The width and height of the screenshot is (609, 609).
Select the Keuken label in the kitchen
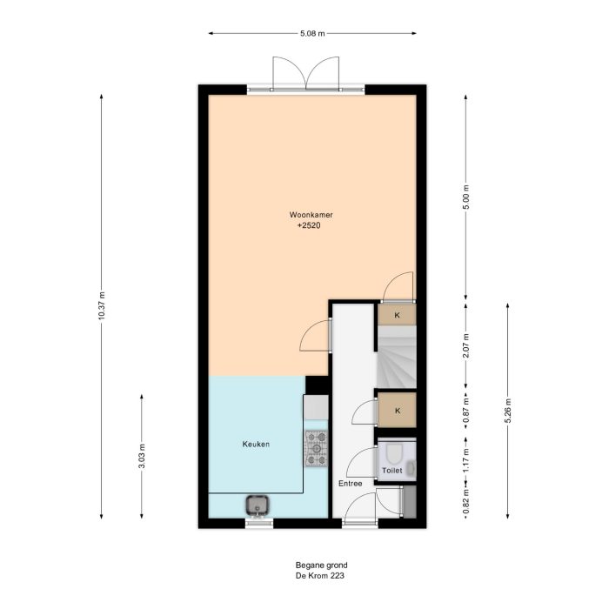256,445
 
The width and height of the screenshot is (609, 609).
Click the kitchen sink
258,504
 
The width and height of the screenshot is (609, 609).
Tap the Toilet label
392,471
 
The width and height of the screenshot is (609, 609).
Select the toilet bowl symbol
393,454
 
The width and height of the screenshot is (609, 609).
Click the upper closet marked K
397,314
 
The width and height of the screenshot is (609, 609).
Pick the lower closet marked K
397,410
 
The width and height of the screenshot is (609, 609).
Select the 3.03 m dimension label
142,456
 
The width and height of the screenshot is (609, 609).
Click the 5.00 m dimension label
466,197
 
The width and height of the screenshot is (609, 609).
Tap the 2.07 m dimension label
466,345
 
